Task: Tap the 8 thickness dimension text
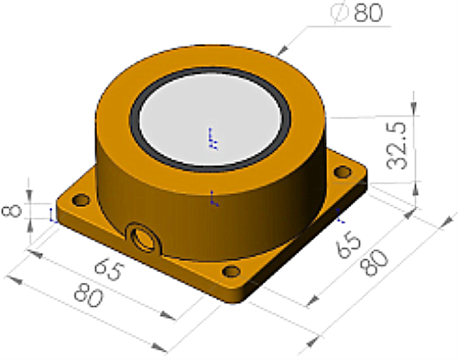pyautogui.click(x=12, y=211)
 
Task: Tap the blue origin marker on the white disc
pyautogui.click(x=213, y=137)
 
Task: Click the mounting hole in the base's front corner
pyautogui.click(x=231, y=270)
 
